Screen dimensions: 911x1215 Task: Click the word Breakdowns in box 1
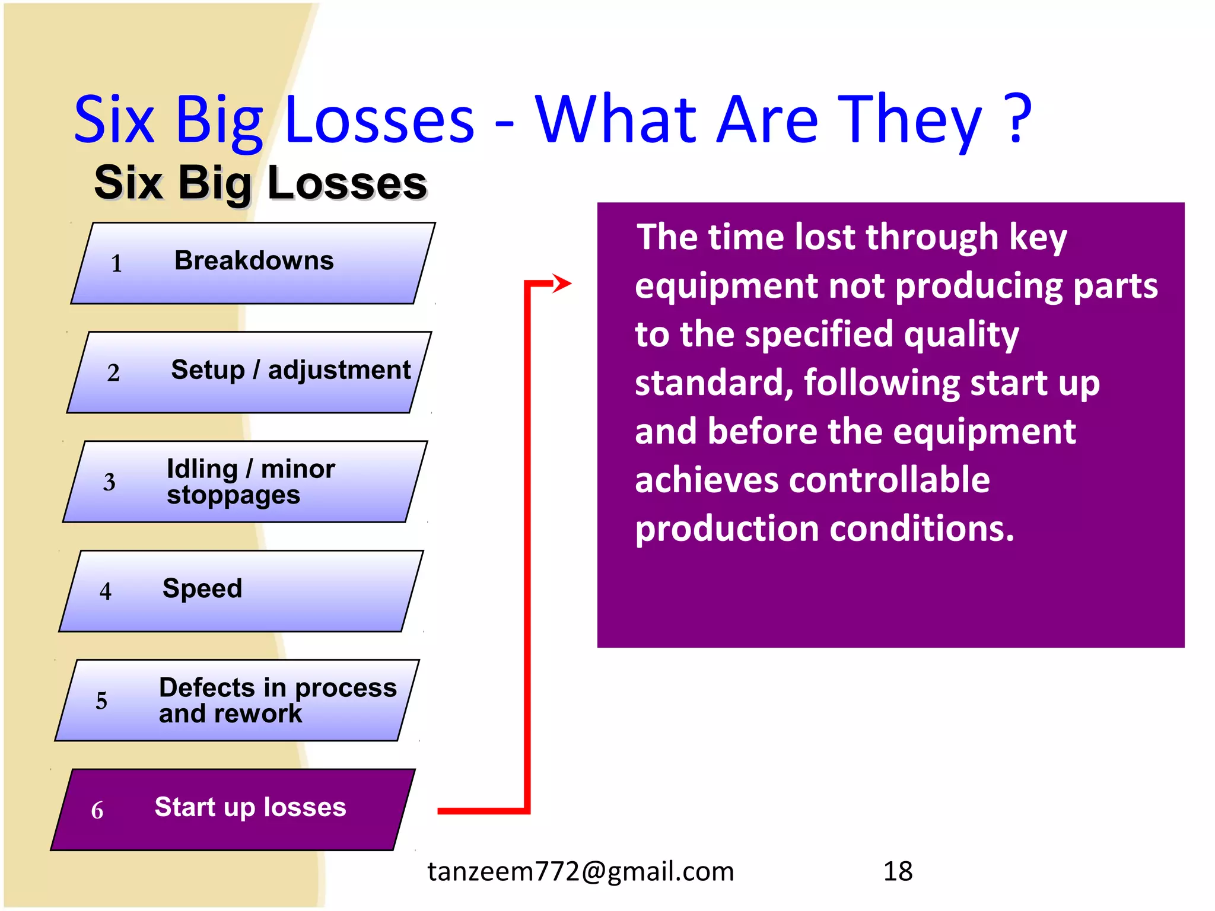pyautogui.click(x=254, y=261)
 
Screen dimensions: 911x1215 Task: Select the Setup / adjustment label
pyautogui.click(x=291, y=370)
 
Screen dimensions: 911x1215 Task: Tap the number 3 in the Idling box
pyautogui.click(x=109, y=482)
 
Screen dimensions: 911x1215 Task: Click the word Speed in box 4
pyautogui.click(x=202, y=588)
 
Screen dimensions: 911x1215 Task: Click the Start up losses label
pyautogui.click(x=250, y=807)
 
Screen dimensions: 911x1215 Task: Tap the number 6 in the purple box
pyautogui.click(x=97, y=811)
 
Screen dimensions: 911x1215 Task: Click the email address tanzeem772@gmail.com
pyautogui.click(x=581, y=871)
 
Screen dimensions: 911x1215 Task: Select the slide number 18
pyautogui.click(x=898, y=871)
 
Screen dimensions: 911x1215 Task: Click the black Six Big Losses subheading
pyautogui.click(x=260, y=183)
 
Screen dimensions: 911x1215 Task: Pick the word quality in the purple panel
pyautogui.click(x=961, y=335)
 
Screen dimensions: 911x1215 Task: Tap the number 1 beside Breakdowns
pyautogui.click(x=117, y=264)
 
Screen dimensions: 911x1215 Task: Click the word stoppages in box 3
pyautogui.click(x=233, y=495)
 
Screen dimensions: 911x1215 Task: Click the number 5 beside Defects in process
pyautogui.click(x=101, y=701)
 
